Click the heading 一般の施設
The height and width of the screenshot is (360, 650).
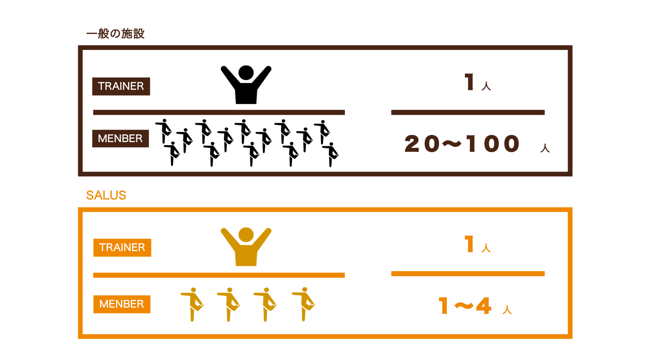pyautogui.click(x=115, y=34)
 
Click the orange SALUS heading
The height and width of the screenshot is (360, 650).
pyautogui.click(x=106, y=195)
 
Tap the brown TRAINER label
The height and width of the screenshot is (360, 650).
pyautogui.click(x=121, y=86)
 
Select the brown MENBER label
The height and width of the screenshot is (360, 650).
pyautogui.click(x=120, y=139)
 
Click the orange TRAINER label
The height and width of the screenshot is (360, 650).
pyautogui.click(x=122, y=248)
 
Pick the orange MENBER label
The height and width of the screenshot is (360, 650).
pyautogui.click(x=122, y=304)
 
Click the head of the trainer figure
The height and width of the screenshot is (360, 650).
pyautogui.click(x=246, y=235)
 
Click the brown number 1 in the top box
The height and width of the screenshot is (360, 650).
pyautogui.click(x=470, y=82)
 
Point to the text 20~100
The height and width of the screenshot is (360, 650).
pyautogui.click(x=462, y=144)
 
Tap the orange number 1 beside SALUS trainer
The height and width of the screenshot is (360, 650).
pyautogui.click(x=470, y=244)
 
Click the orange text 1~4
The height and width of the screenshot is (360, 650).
pyautogui.click(x=465, y=306)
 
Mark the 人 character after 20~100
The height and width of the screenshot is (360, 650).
pyautogui.click(x=545, y=148)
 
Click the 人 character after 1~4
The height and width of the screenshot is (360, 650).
pyautogui.click(x=507, y=310)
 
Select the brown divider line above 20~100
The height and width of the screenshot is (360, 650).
pyautogui.click(x=468, y=112)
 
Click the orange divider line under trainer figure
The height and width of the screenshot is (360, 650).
pyautogui.click(x=219, y=275)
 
